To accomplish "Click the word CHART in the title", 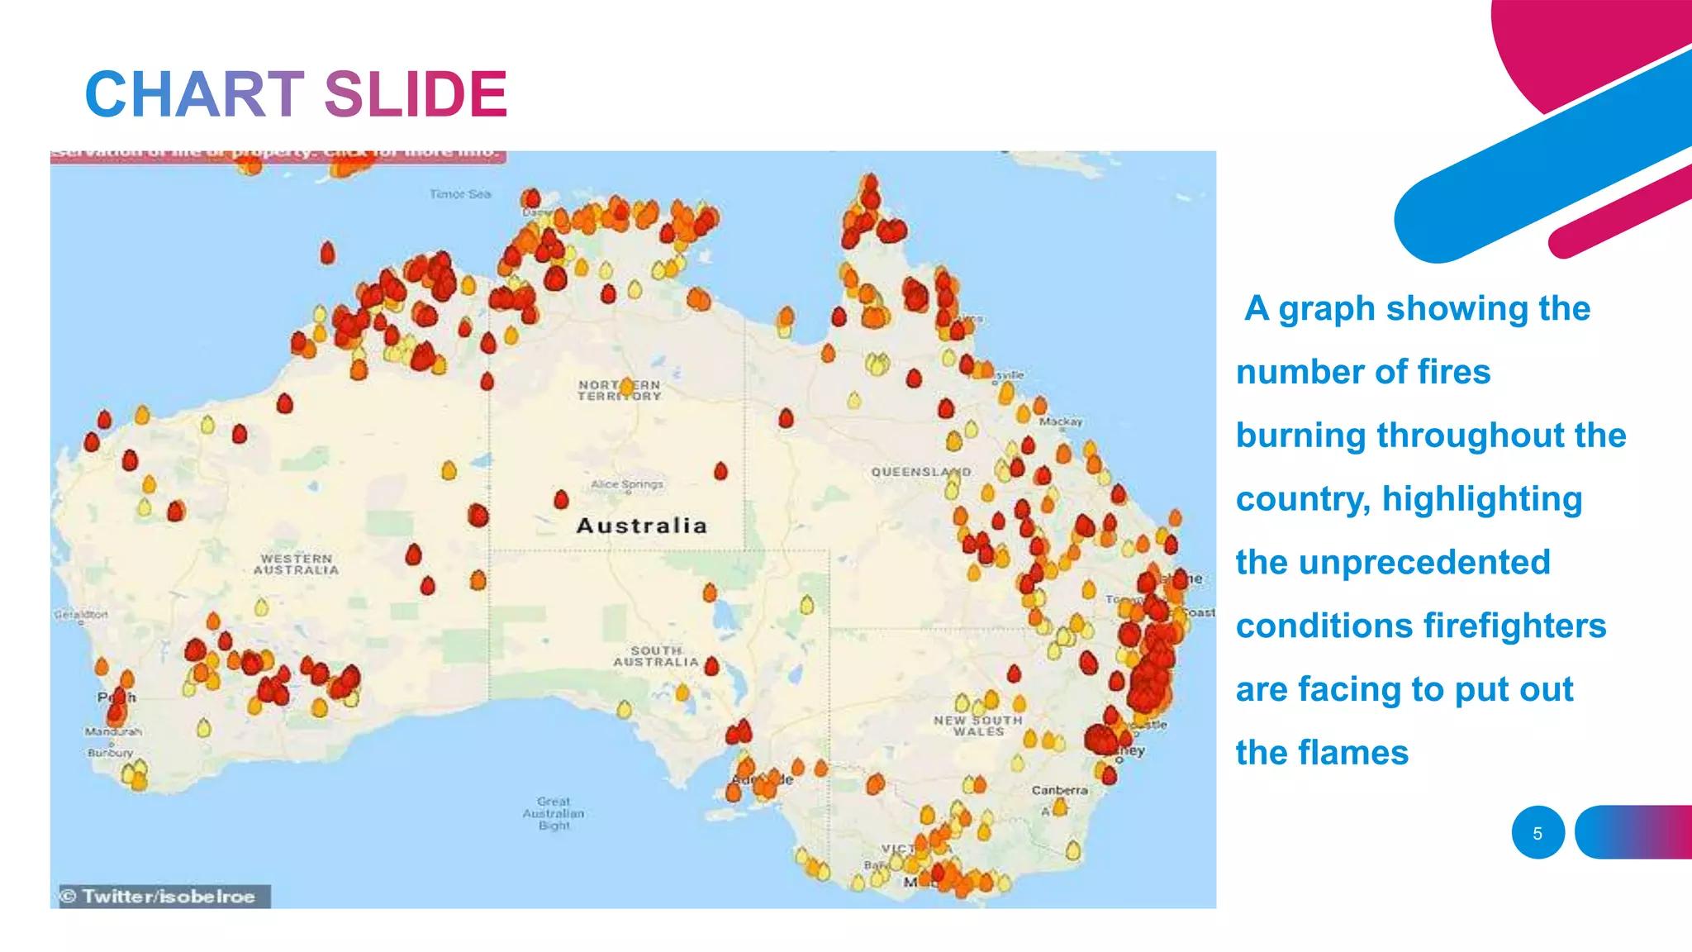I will pos(195,94).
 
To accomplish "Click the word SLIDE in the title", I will pos(416,94).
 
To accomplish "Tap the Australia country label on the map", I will pos(641,526).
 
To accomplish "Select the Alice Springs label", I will pos(627,484).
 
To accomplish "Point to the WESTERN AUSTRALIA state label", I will pos(296,564).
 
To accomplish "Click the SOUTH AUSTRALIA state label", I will pos(656,656).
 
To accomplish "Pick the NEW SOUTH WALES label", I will pos(978,726).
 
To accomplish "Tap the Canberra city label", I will pos(1059,790).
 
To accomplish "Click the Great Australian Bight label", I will pos(554,813).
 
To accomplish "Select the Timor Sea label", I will pos(460,194).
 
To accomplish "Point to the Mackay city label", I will pos(1061,421).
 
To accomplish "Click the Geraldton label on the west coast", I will pos(81,615).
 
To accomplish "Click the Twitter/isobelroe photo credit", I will pos(164,897).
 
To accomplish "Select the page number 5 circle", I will pos(1538,833).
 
